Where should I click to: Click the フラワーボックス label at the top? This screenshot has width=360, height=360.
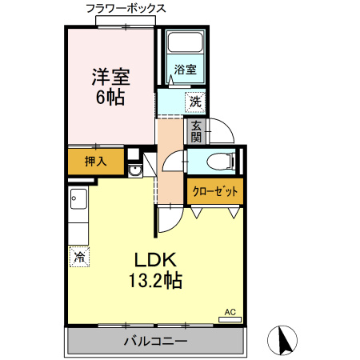pyautogui.click(x=126, y=9)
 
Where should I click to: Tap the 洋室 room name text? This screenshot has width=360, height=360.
pyautogui.click(x=110, y=78)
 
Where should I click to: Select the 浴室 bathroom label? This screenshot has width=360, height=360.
pyautogui.click(x=186, y=70)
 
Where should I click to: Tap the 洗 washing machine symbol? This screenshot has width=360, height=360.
pyautogui.click(x=194, y=102)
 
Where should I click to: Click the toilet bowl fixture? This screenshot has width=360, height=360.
pyautogui.click(x=217, y=162)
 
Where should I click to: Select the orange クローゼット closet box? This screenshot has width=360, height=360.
pyautogui.click(x=214, y=193)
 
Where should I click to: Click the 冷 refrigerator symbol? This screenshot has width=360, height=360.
pyautogui.click(x=79, y=257)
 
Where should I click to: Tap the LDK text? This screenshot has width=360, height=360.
pyautogui.click(x=154, y=261)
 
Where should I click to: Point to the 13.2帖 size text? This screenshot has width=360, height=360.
pyautogui.click(x=154, y=281)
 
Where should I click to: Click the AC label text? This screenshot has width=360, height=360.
pyautogui.click(x=230, y=311)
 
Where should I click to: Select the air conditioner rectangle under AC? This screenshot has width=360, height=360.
pyautogui.click(x=230, y=319)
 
